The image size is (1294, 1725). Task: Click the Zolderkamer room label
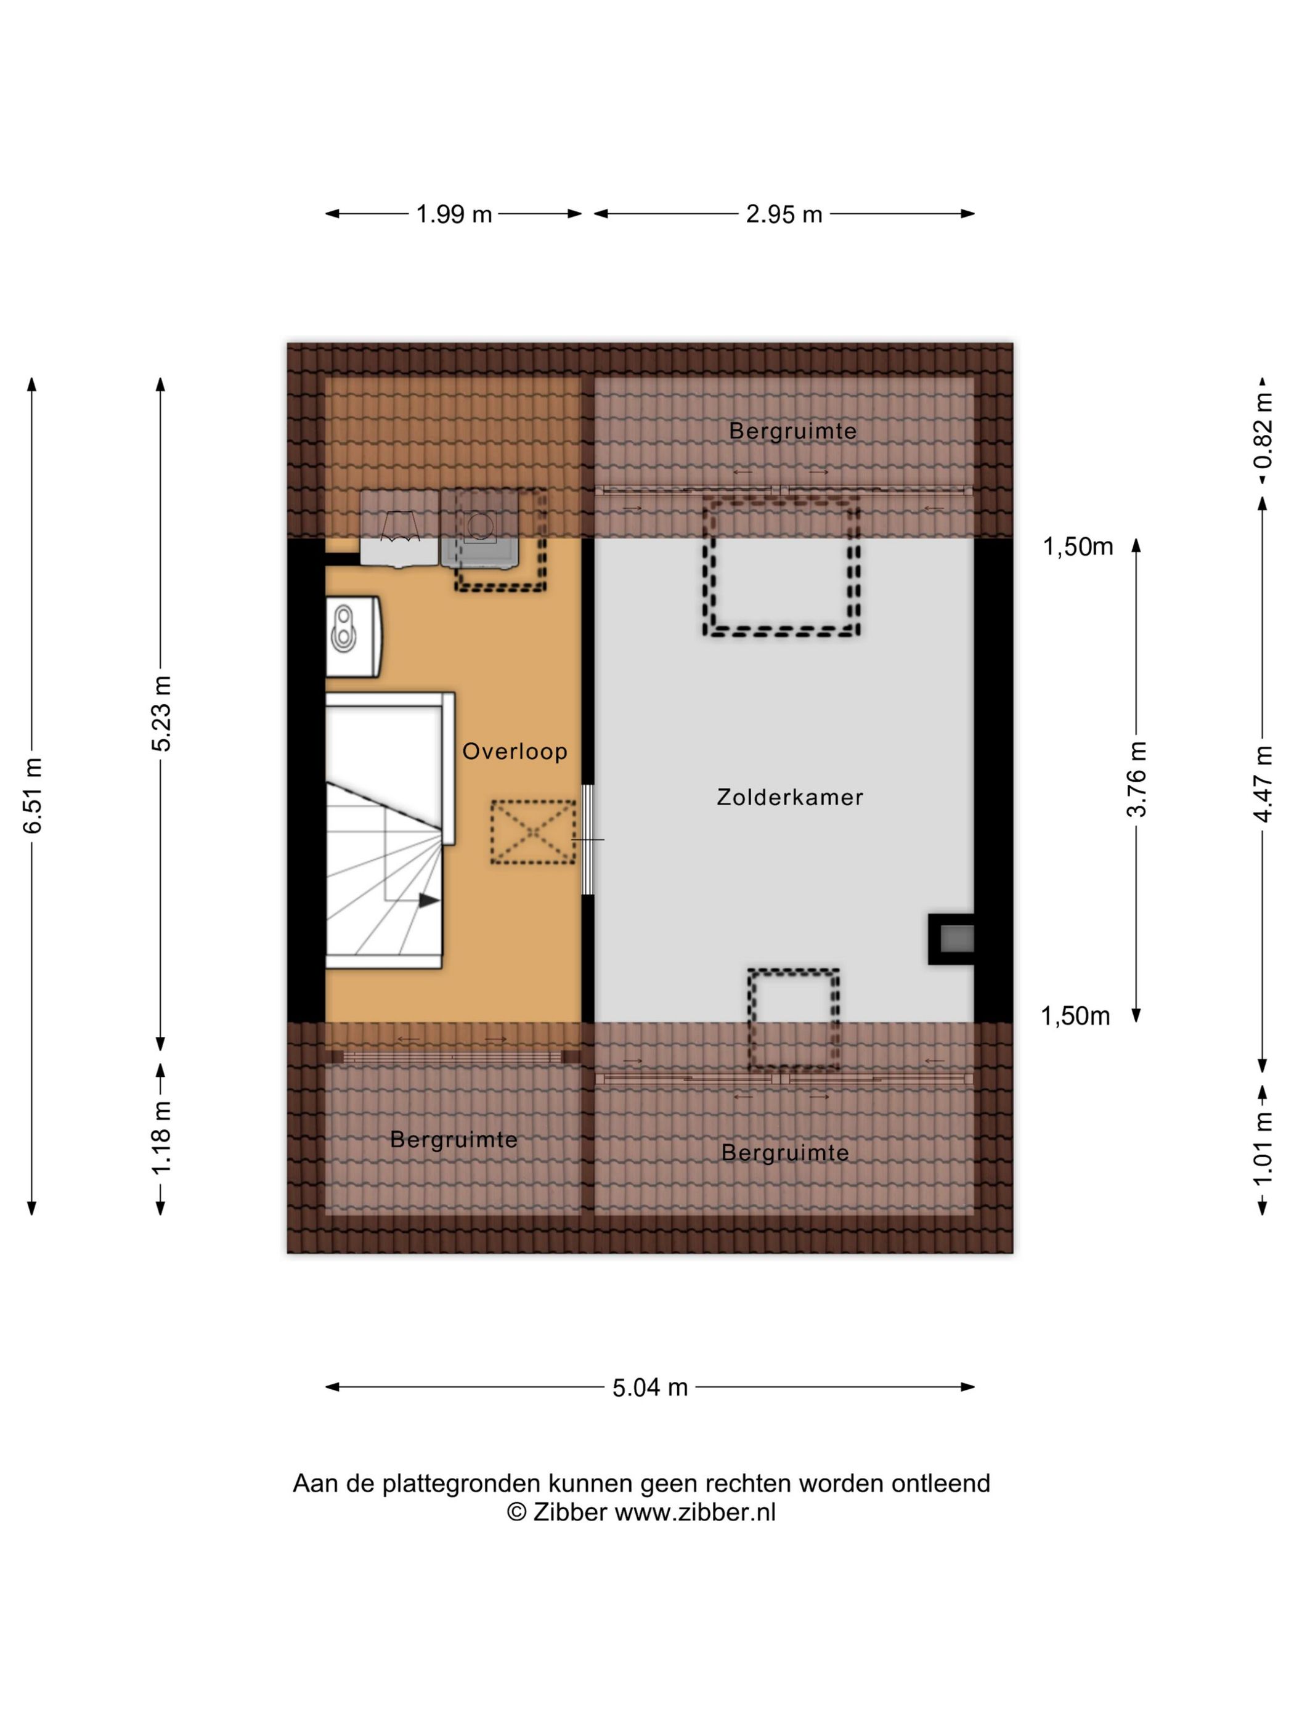click(x=789, y=797)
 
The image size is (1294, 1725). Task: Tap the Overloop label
click(x=515, y=751)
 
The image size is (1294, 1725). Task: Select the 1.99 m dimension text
click(x=454, y=214)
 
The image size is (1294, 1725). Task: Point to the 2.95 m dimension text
click(x=784, y=214)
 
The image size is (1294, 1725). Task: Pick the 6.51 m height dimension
click(x=32, y=795)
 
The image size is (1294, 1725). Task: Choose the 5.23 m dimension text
click(x=161, y=713)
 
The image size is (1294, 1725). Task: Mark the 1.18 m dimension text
click(x=161, y=1138)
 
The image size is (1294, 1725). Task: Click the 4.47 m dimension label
click(x=1263, y=784)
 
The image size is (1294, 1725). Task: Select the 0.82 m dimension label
click(x=1263, y=429)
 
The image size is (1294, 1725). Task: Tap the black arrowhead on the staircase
click(x=429, y=900)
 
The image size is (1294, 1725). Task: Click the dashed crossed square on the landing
click(x=533, y=832)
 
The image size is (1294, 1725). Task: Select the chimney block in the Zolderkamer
click(x=951, y=939)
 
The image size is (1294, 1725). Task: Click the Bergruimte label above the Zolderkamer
click(x=792, y=431)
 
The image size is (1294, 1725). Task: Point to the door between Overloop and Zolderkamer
click(x=588, y=839)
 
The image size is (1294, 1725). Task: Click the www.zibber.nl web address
click(x=695, y=1512)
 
